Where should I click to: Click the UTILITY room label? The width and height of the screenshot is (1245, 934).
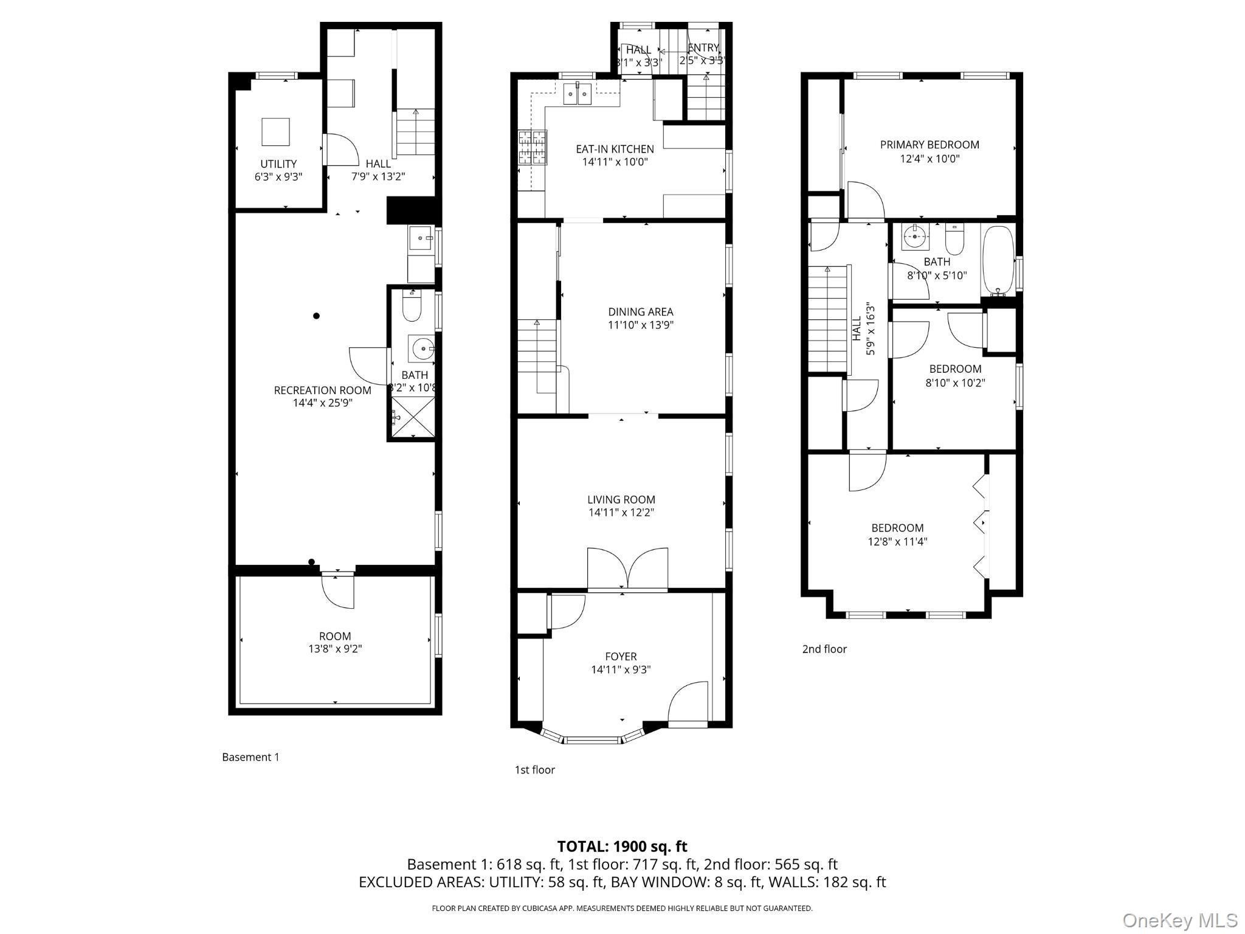(x=278, y=164)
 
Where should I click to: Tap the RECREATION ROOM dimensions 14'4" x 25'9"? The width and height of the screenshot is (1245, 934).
(x=322, y=403)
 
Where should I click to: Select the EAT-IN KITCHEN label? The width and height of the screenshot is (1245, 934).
(x=615, y=149)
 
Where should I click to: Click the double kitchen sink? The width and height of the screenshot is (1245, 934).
(x=577, y=94)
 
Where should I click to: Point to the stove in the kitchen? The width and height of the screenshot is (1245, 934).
(x=532, y=148)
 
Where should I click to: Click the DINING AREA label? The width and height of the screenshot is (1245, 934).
(x=641, y=312)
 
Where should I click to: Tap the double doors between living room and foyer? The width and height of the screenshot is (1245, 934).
(x=627, y=569)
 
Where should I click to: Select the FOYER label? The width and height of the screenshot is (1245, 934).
(x=621, y=657)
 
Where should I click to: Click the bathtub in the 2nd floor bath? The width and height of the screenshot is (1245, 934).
(x=998, y=260)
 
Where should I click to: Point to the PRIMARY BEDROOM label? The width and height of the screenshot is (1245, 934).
(x=929, y=145)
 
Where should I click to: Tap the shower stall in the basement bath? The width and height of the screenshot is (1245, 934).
(x=413, y=417)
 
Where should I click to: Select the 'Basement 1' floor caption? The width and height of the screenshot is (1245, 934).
(x=250, y=757)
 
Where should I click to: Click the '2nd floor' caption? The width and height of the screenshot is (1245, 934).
(x=824, y=649)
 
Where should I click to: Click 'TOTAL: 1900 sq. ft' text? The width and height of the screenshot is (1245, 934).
(x=622, y=846)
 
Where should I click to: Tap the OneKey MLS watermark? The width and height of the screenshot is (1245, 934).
(x=1179, y=920)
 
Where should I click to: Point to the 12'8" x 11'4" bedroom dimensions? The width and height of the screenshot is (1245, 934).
(x=897, y=541)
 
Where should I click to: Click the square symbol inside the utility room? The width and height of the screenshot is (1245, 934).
(x=275, y=132)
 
